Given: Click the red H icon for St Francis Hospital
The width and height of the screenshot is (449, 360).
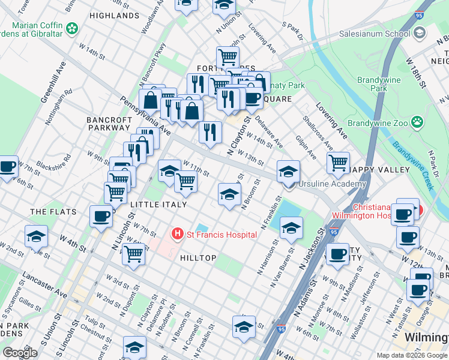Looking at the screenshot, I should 177,234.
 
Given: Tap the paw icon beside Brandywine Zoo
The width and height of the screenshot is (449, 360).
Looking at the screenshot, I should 417,122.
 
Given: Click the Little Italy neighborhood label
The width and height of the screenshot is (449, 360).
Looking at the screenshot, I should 158,205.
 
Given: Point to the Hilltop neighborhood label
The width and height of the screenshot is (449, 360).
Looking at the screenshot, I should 197,257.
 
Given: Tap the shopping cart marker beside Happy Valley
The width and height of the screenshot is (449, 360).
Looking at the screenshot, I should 339,163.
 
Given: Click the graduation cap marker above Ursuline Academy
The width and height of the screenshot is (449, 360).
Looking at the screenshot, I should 288,171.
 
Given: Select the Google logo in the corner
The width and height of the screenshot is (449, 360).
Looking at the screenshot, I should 20,353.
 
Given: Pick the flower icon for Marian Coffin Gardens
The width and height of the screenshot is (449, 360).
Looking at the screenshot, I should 72,28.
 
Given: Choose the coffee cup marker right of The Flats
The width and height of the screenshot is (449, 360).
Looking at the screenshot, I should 101,215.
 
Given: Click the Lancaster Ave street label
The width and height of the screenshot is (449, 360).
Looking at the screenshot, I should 44,284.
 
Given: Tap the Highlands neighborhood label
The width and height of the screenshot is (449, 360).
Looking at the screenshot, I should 113,15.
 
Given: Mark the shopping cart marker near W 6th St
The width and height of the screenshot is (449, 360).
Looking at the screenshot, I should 133,253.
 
